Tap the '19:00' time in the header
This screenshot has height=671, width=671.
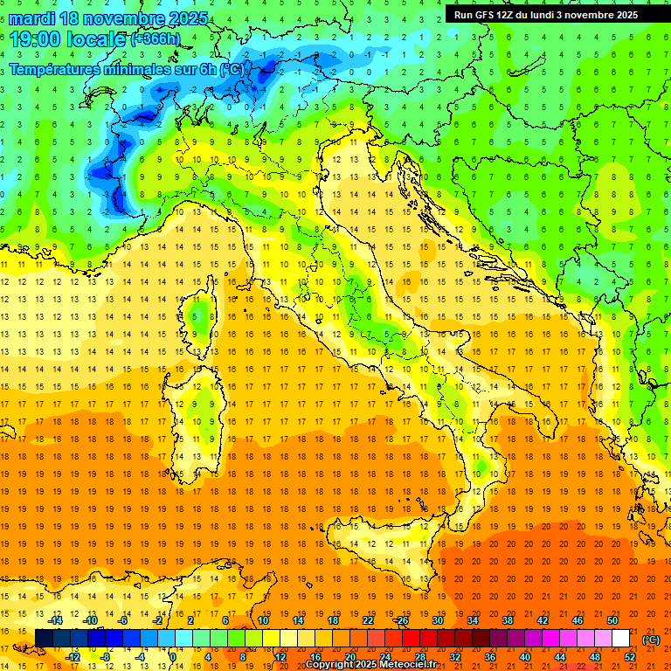[36, 39]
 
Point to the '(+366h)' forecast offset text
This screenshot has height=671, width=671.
[155, 39]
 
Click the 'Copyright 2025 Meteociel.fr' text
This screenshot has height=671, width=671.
[377, 665]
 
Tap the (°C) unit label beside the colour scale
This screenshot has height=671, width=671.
[651, 640]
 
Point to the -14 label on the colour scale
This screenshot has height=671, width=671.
[57, 620]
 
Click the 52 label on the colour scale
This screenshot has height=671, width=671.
[630, 657]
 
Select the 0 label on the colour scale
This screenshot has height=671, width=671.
[172, 657]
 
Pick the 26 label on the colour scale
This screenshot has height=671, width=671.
[402, 620]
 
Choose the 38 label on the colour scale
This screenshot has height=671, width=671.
[507, 620]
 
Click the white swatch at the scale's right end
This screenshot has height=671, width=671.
[621, 639]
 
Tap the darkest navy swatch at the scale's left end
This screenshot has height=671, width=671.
[44, 639]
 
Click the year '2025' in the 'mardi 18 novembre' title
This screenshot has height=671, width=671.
[189, 18]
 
